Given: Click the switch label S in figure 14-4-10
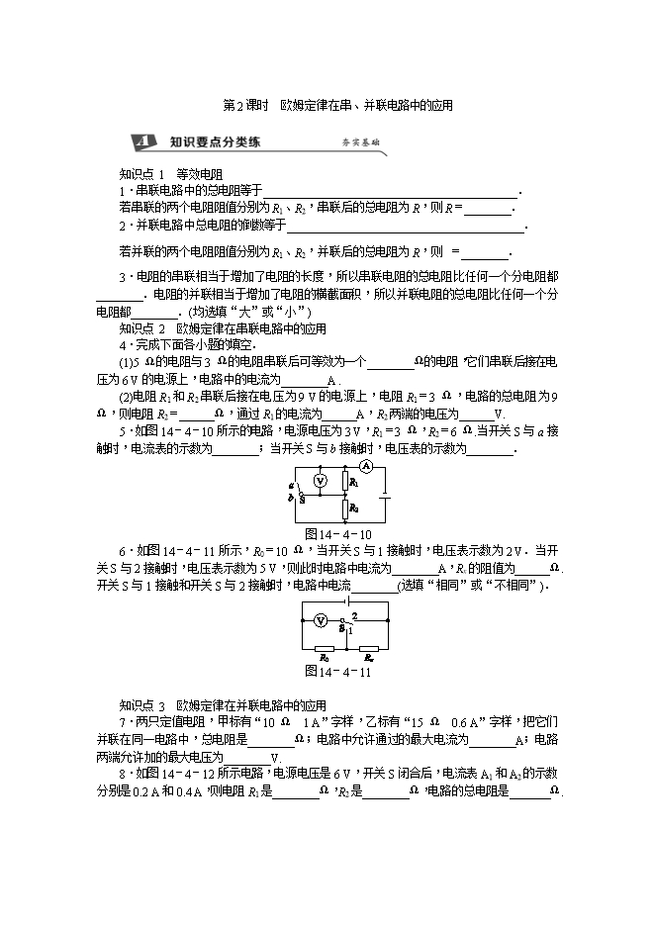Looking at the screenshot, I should pos(301,500).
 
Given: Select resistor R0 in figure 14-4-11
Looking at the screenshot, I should pos(323,646).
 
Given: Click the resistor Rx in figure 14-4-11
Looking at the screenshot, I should pos(367,646).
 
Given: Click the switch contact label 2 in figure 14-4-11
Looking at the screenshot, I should pos(353,615).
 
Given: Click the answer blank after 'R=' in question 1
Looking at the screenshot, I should pos(488,208).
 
